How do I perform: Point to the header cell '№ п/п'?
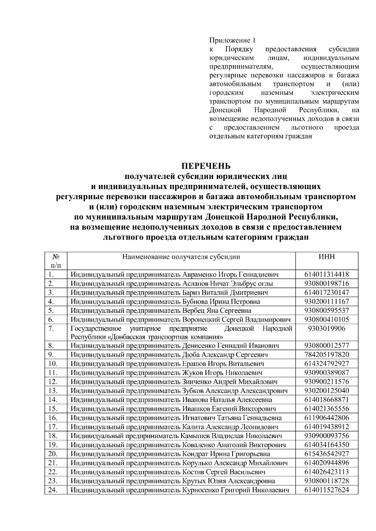click(x=56, y=261)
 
